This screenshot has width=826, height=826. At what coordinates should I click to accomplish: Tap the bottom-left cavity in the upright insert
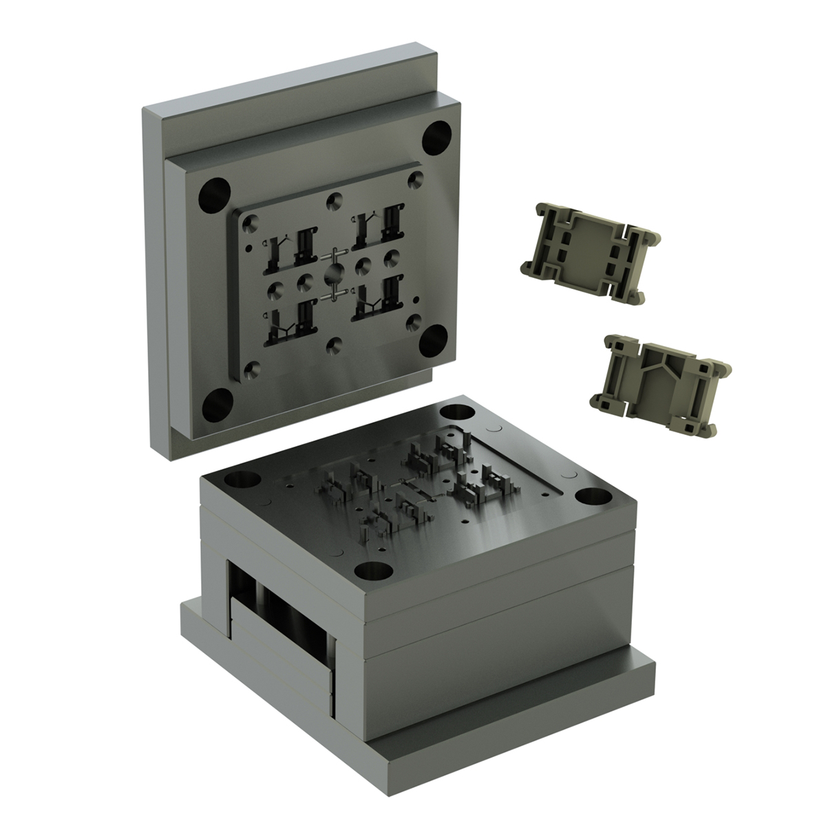pos(289,326)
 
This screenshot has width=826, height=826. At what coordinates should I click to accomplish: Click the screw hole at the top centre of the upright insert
pos(334,200)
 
